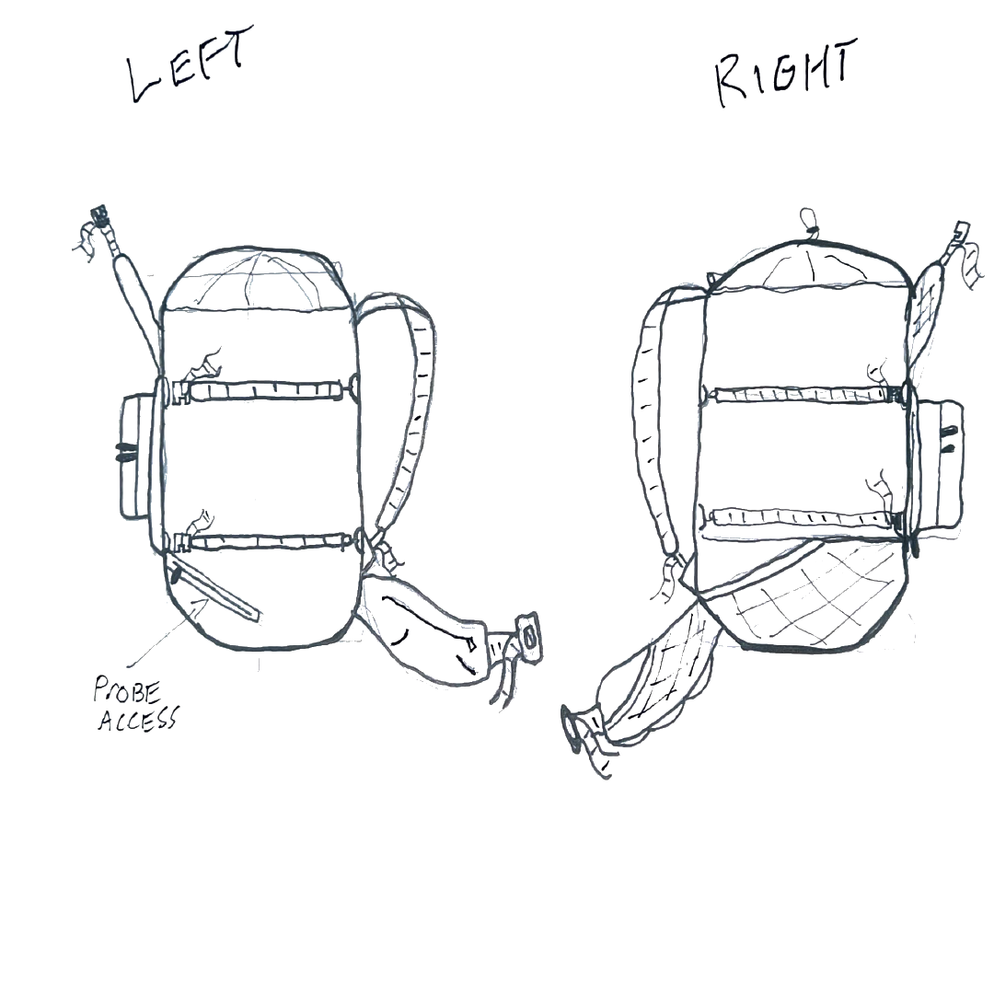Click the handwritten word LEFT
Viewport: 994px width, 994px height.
[184, 74]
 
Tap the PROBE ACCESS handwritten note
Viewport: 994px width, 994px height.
[135, 706]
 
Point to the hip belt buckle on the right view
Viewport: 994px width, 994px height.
[578, 726]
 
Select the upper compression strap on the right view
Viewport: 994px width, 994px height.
[801, 394]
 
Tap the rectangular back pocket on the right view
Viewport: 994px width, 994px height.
[940, 455]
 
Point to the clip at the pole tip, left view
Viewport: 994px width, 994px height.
[95, 224]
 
